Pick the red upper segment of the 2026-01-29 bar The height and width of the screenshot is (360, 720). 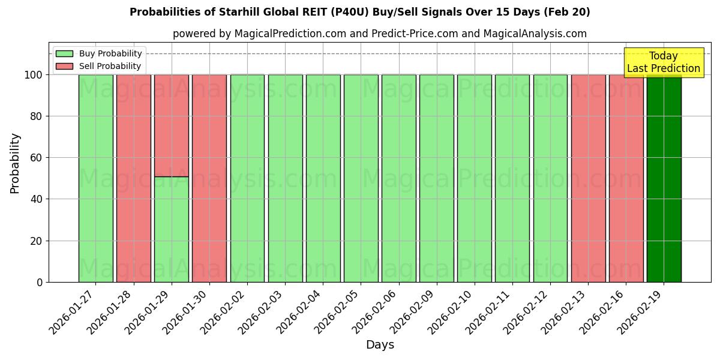tap(171, 125)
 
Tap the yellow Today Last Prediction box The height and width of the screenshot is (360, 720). tap(663, 62)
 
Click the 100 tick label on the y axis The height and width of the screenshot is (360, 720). tap(33, 75)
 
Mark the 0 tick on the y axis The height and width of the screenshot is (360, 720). tap(40, 282)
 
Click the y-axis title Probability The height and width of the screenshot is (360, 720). tap(15, 163)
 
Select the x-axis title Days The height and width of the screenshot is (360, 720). tap(380, 345)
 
